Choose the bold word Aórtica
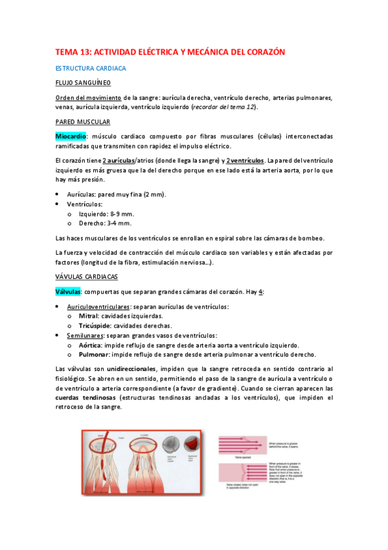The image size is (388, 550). point(91,345)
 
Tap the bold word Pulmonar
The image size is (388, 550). point(94,355)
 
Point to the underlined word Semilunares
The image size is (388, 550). point(85,335)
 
